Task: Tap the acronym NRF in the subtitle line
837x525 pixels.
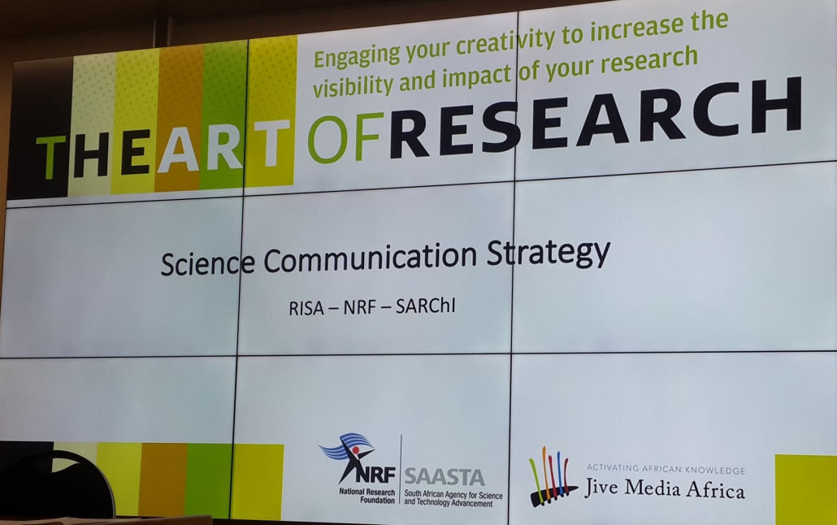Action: click(362, 308)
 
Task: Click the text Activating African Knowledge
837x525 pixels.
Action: click(666, 470)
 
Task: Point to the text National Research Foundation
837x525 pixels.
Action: click(364, 496)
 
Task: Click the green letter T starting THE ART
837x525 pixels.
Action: click(50, 158)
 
